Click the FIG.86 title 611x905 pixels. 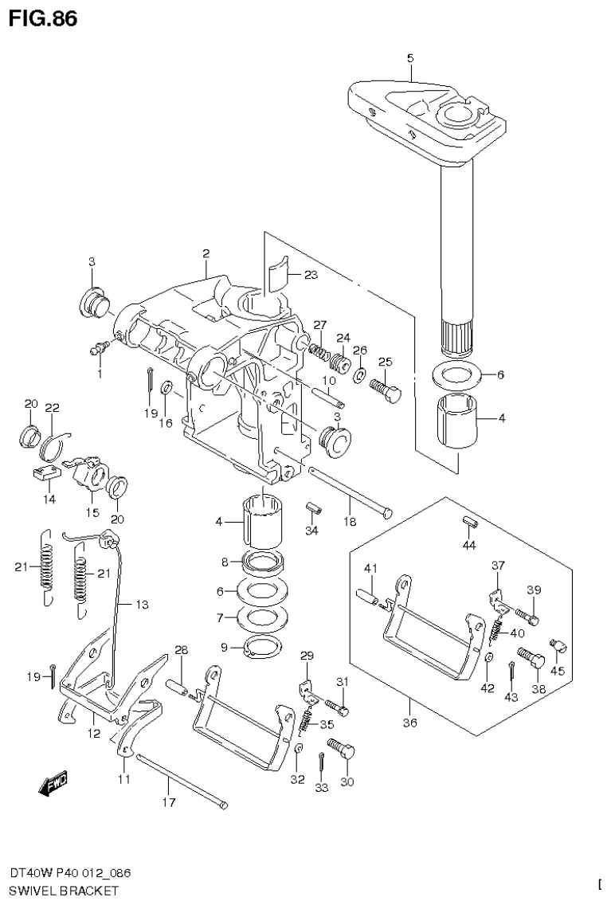(x=43, y=18)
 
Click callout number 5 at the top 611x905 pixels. (x=410, y=57)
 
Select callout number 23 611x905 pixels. (x=310, y=275)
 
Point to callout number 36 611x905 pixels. (x=410, y=723)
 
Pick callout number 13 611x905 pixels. (x=141, y=605)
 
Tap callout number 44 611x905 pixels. (x=469, y=546)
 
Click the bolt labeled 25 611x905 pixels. (x=386, y=390)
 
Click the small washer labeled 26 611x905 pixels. (x=359, y=374)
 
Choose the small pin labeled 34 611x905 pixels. (x=313, y=507)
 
